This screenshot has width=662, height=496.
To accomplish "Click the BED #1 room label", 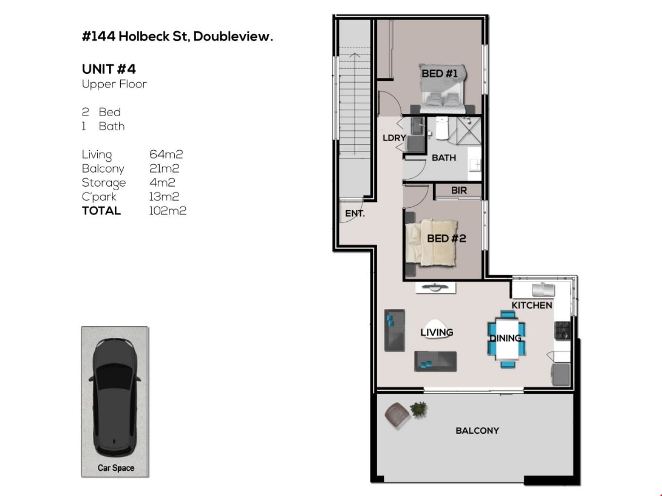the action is (x=439, y=73).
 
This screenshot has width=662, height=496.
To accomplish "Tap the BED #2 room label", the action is (x=446, y=238).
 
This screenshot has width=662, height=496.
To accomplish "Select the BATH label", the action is (x=443, y=158).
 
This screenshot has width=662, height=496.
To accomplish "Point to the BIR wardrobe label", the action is (x=459, y=190).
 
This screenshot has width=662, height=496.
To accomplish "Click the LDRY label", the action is (x=394, y=138).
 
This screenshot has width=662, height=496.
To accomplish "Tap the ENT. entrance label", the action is (x=355, y=213).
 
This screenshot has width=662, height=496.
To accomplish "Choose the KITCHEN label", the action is (x=532, y=305).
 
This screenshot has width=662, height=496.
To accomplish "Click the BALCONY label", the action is (x=477, y=431).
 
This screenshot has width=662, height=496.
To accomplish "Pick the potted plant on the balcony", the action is (x=418, y=409).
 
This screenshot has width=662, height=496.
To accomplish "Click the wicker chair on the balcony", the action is (x=397, y=415).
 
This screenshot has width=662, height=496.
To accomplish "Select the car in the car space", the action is (x=115, y=397).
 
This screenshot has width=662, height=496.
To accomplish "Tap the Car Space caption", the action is (x=116, y=468).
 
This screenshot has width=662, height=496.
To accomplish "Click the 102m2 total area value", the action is (x=167, y=211).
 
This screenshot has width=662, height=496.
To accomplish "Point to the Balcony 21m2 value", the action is (x=164, y=168).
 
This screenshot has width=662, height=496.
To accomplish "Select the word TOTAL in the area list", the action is (x=101, y=211).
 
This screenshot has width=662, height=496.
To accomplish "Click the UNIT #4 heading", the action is (x=109, y=69).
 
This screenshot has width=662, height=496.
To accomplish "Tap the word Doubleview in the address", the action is (x=233, y=36).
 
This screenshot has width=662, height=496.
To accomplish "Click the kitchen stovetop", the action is (x=562, y=331).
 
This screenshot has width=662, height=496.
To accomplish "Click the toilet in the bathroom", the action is (x=442, y=128).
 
